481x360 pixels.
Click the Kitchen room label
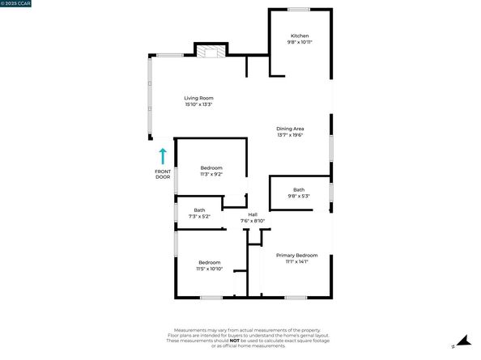300,36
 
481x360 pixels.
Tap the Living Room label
198,98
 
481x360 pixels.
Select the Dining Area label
290,129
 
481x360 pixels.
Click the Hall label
253,214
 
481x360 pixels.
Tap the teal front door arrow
163,155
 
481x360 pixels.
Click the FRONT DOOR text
163,175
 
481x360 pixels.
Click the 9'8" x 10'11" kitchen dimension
300,42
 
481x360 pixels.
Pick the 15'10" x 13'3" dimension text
198,104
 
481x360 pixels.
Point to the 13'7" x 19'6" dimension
290,135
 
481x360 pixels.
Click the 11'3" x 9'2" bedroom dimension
211,174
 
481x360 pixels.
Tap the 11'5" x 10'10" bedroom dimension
210,269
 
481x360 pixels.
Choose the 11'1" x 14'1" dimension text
296,261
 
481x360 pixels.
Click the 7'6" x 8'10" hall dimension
253,221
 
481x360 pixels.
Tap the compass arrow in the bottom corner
462,341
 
